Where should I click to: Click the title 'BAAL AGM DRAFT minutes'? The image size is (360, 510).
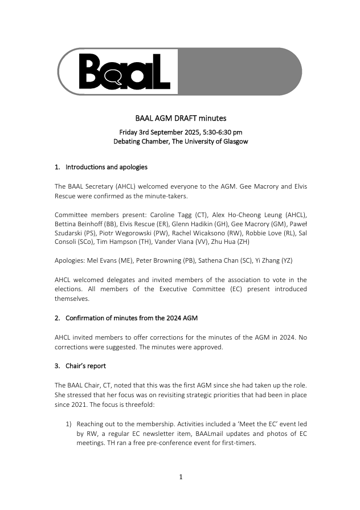coord(181,119)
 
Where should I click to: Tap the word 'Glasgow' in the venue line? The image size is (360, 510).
coord(234,141)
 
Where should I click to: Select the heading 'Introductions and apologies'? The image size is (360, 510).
coord(106,167)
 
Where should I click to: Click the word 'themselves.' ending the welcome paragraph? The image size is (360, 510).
coord(72,298)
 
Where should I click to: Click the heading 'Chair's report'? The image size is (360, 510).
coord(85,365)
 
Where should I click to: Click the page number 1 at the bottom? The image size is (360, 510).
coord(181,477)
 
